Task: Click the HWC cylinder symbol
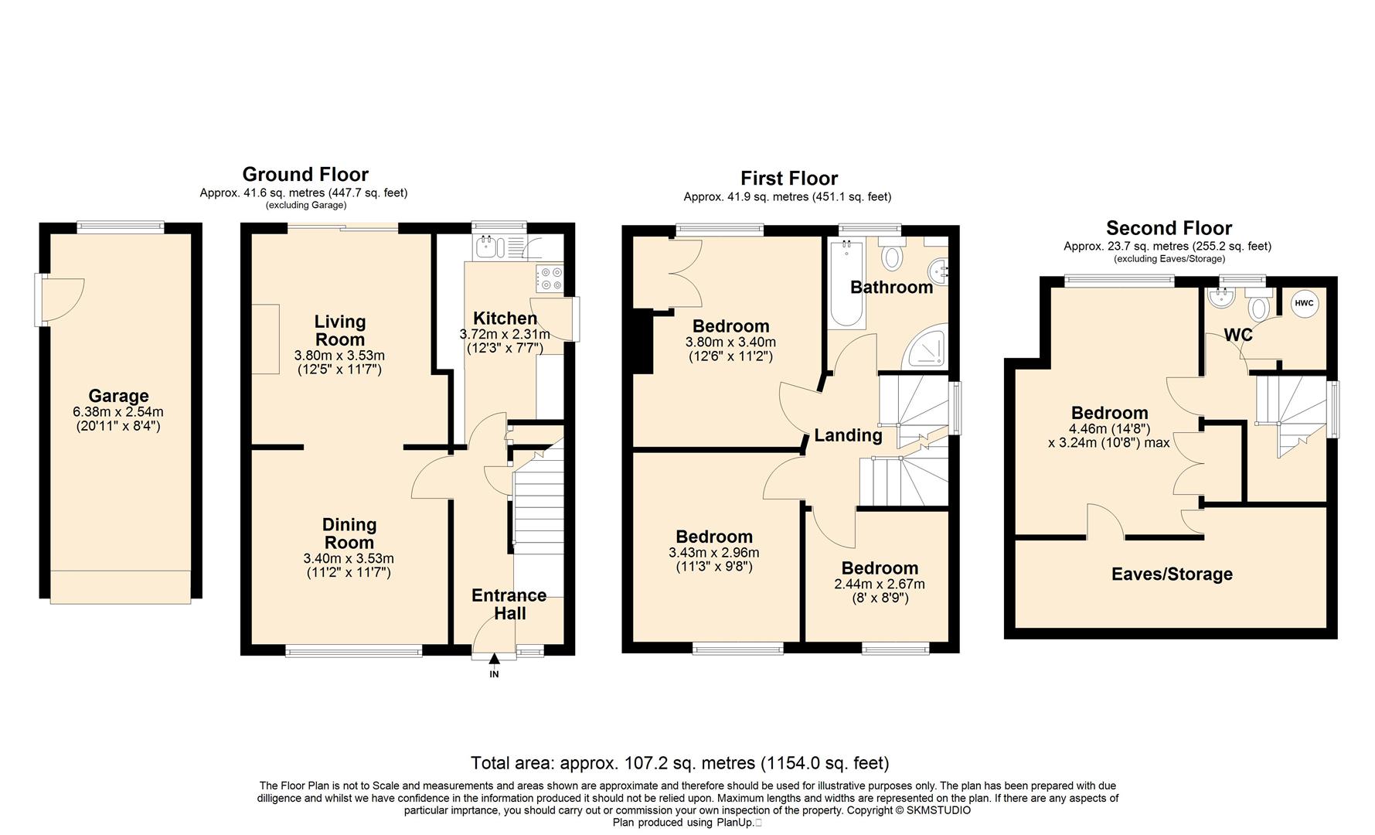1304,304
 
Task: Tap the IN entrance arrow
494,658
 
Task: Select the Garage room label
118,396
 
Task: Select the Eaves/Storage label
1172,574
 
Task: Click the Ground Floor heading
305,175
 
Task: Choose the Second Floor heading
1169,228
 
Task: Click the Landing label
848,435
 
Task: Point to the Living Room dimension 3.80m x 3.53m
339,356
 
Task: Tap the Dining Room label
349,533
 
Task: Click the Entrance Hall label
509,605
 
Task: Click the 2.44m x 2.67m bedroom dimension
880,584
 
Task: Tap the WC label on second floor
1238,336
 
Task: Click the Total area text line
680,764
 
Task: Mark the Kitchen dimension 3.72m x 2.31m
505,335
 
